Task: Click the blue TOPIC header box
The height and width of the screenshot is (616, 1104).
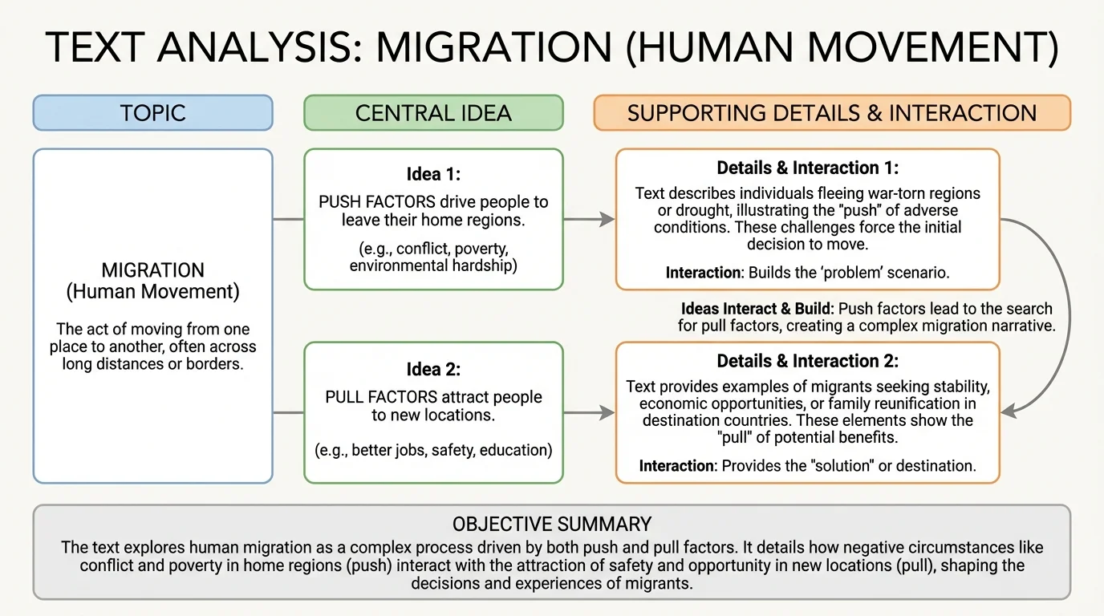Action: pos(152,112)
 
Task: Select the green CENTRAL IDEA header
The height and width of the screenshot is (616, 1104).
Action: pos(433,112)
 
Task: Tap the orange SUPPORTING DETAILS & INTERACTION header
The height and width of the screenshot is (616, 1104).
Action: pos(832,112)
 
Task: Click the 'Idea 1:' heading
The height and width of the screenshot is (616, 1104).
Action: pos(433,174)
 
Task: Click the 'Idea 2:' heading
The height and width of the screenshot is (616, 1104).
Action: pos(433,370)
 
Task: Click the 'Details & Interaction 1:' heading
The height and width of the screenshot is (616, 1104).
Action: pos(807,168)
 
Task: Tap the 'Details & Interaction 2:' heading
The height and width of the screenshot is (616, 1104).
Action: pos(807,361)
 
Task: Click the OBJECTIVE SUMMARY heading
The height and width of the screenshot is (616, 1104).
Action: pos(552,525)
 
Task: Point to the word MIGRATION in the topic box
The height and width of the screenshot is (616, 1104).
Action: pos(152,270)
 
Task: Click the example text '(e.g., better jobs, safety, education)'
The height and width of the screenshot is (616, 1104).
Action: pos(433,450)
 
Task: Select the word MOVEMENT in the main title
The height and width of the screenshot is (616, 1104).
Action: pos(883,47)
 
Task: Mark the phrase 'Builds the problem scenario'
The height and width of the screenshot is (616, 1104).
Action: pos(848,273)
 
